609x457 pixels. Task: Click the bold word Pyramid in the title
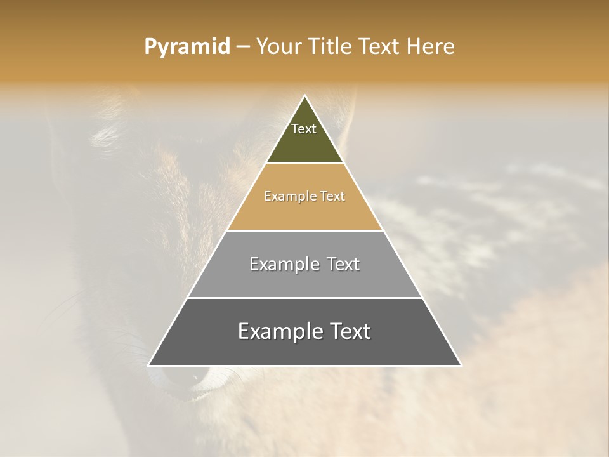(x=187, y=47)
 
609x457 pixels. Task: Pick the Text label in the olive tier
(x=304, y=129)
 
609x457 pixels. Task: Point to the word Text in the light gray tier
(x=343, y=264)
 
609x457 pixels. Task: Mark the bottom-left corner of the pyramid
(x=149, y=365)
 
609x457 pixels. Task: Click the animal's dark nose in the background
(x=181, y=381)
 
